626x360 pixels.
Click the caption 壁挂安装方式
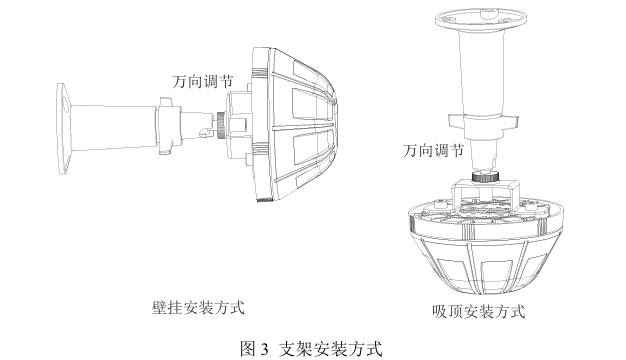point(198,308)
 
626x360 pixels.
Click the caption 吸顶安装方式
point(478,311)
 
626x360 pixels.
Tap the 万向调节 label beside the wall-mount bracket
point(202,82)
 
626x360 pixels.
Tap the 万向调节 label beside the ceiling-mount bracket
point(433,151)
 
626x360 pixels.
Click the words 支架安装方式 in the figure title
point(330,349)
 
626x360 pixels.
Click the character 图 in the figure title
point(248,349)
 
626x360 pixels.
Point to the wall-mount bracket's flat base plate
point(63,129)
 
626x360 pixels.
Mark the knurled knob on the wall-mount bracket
point(220,125)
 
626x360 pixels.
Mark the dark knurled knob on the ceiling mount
point(484,176)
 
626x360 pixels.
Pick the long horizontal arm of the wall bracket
point(113,127)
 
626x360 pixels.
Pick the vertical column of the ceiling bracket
point(481,74)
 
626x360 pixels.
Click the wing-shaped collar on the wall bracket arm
point(169,126)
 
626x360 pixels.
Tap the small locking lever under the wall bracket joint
point(204,133)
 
